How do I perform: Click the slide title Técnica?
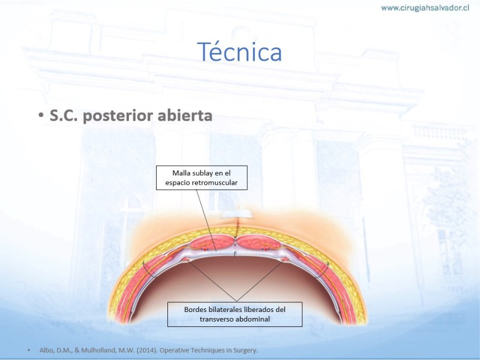pos(239,52)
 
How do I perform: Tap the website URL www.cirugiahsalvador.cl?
pos(425,8)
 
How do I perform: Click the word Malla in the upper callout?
pos(181,173)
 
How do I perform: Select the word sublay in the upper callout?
pos(202,173)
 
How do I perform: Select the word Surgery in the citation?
pos(245,350)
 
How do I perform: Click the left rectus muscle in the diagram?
pos(212,242)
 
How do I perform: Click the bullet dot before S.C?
pos(41,116)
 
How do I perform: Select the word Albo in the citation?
pos(46,350)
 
